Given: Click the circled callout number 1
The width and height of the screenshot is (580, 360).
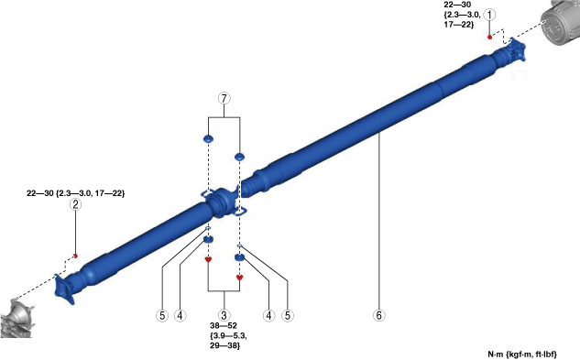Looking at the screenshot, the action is pyautogui.click(x=489, y=15).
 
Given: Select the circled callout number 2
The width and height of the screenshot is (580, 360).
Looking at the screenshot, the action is pyautogui.click(x=75, y=204).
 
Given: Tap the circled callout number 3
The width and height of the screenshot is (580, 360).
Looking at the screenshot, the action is pyautogui.click(x=224, y=315).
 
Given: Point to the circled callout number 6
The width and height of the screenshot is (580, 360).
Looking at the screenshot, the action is pyautogui.click(x=378, y=315).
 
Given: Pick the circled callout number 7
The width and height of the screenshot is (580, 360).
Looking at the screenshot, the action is pyautogui.click(x=224, y=98).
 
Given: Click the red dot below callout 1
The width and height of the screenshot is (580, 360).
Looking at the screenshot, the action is pyautogui.click(x=489, y=37).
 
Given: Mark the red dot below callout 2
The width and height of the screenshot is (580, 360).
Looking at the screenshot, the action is pyautogui.click(x=75, y=256).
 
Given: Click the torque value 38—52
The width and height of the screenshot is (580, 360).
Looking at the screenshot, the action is pyautogui.click(x=224, y=326).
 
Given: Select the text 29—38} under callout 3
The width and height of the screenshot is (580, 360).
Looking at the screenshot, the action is pyautogui.click(x=224, y=346).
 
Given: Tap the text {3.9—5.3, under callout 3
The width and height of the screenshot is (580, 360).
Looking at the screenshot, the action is pyautogui.click(x=228, y=336).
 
